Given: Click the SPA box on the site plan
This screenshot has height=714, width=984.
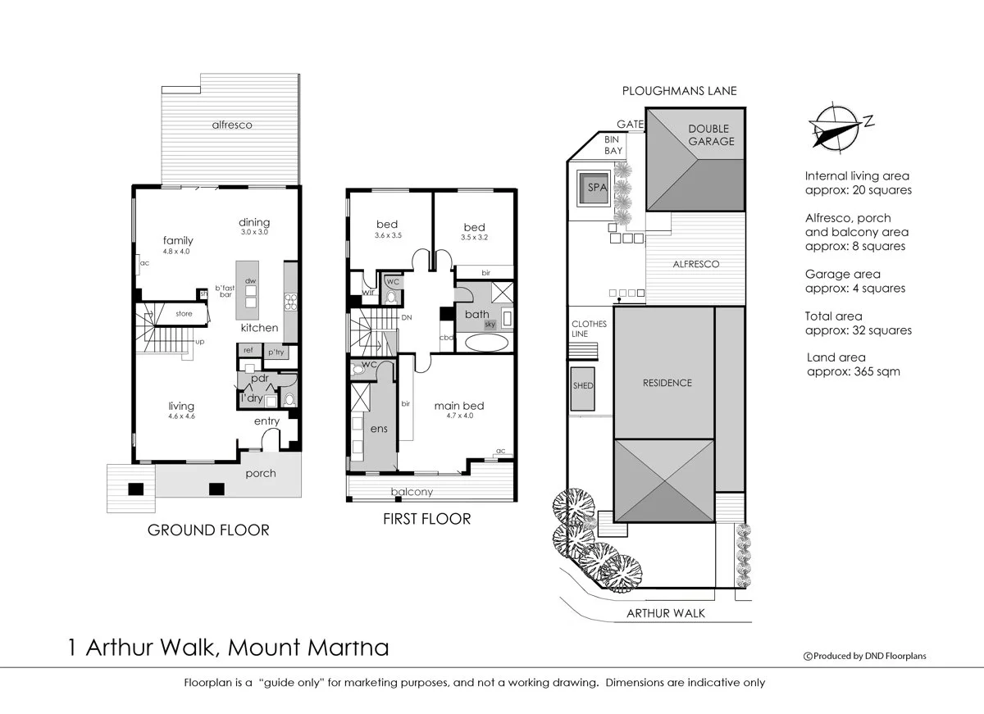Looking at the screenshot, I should (594, 188).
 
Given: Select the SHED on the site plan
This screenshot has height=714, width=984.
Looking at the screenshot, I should (583, 385).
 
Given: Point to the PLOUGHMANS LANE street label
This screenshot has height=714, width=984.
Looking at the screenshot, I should (679, 92).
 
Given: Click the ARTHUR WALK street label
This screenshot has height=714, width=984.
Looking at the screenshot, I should (665, 612).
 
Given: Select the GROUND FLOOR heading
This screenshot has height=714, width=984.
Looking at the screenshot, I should (208, 530).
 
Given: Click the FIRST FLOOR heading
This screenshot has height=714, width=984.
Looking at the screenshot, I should (427, 519).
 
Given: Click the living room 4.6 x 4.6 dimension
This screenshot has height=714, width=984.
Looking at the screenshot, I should (181, 416).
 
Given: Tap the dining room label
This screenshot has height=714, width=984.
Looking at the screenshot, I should (254, 222).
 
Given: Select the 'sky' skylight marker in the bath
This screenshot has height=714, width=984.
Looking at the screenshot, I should (490, 325).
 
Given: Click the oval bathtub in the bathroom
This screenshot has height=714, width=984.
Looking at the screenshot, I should (486, 343).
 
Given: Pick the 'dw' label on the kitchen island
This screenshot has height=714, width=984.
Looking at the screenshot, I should (250, 280).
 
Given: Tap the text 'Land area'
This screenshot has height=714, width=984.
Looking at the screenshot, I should (835, 357).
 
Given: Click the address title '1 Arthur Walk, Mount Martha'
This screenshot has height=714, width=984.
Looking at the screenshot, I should (230, 648).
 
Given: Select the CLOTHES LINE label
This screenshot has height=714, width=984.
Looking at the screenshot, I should (589, 329).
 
